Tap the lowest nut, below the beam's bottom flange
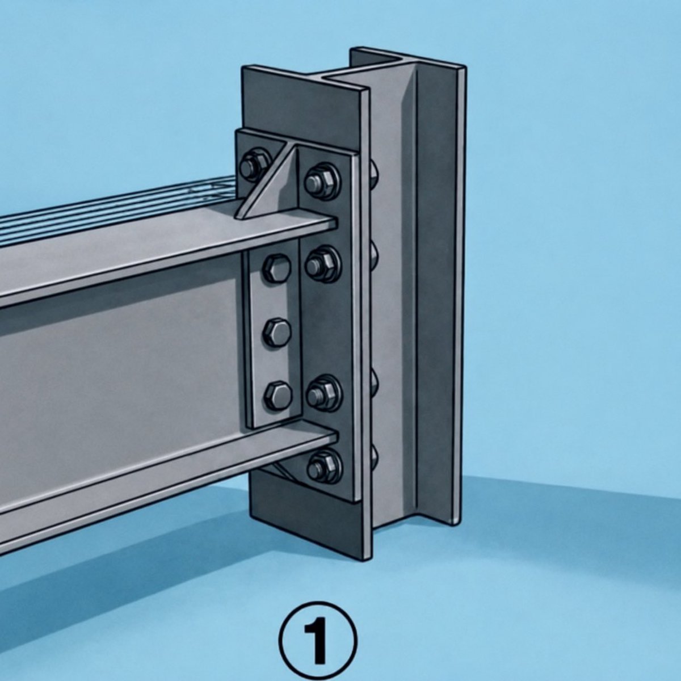(x=323, y=466)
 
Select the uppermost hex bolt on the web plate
(x=278, y=268)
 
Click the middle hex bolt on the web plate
(x=278, y=333)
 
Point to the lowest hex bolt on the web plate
(x=278, y=395)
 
